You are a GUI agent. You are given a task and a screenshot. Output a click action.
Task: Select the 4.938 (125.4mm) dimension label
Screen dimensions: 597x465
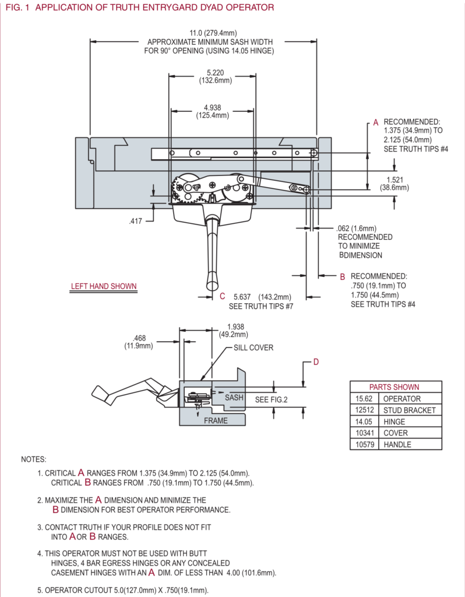pyautogui.click(x=212, y=111)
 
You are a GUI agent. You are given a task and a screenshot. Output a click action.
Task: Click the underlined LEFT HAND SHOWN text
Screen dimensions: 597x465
pyautogui.click(x=104, y=286)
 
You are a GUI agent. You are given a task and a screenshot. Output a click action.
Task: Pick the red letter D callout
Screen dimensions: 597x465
pyautogui.click(x=316, y=362)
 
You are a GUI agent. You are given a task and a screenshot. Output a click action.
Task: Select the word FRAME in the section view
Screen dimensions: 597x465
pyautogui.click(x=216, y=420)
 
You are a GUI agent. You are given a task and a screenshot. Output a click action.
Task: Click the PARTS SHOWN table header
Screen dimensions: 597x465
pyautogui.click(x=394, y=387)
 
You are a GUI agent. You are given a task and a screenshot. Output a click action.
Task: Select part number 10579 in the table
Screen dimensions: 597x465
pyautogui.click(x=364, y=444)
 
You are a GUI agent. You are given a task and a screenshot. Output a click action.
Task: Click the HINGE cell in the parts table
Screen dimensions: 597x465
pyautogui.click(x=394, y=422)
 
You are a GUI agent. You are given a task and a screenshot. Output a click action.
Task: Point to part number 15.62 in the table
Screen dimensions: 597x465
pyautogui.click(x=364, y=399)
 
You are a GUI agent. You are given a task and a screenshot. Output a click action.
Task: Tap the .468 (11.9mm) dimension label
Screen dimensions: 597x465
pyautogui.click(x=138, y=342)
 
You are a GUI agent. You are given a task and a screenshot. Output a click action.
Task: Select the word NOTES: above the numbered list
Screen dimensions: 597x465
pyautogui.click(x=33, y=459)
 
